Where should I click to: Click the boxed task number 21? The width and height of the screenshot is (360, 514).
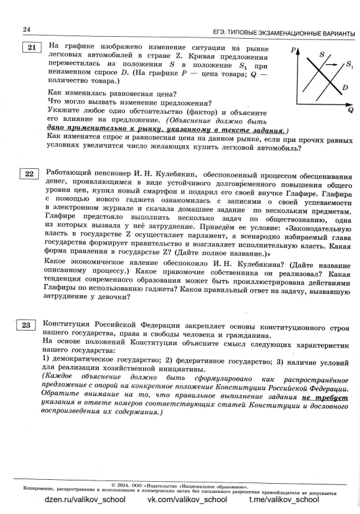click(x=32, y=47)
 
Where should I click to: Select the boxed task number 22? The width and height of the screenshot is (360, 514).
click(x=30, y=174)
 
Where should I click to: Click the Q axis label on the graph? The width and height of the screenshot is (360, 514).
click(x=351, y=109)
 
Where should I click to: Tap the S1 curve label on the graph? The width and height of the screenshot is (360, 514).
click(x=348, y=66)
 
